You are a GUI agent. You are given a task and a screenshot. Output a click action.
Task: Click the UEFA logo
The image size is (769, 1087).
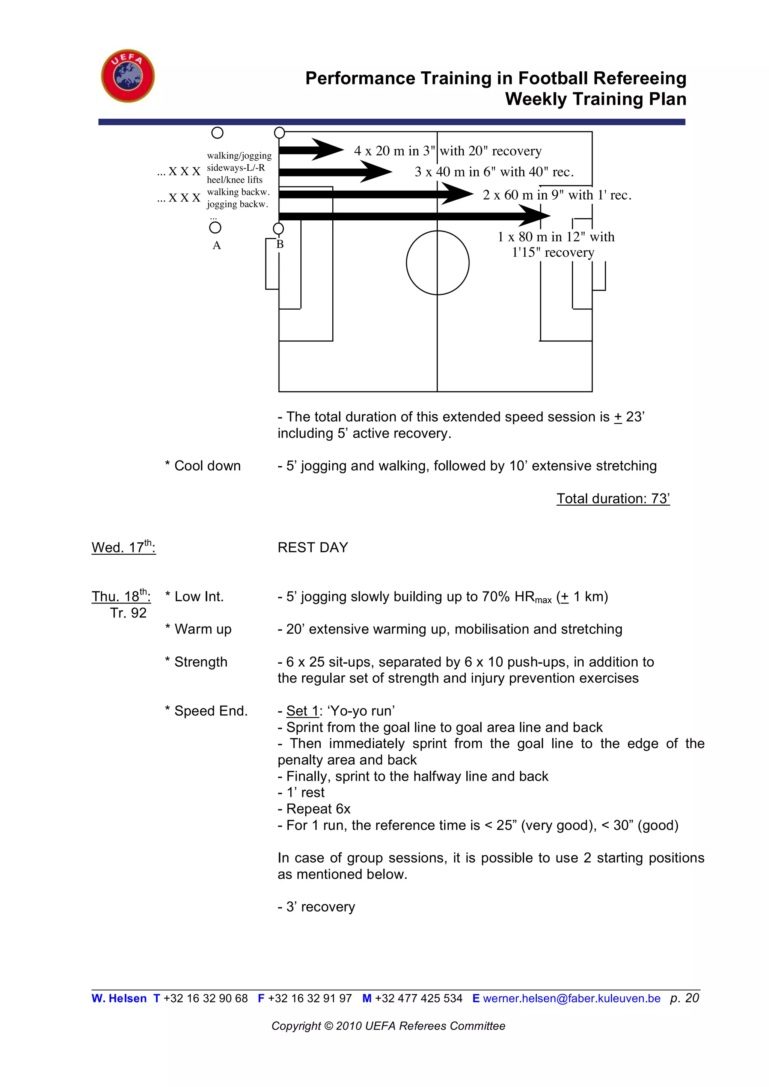pyautogui.click(x=128, y=76)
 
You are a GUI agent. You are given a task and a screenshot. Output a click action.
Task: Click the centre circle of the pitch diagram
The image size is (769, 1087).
pyautogui.click(x=437, y=263)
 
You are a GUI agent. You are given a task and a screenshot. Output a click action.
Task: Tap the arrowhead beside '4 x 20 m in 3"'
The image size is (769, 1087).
pyautogui.click(x=327, y=150)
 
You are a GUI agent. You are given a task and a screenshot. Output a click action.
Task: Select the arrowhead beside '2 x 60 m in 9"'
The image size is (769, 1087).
pyautogui.click(x=457, y=194)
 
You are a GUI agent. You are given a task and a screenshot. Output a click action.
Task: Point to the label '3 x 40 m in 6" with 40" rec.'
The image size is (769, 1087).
pyautogui.click(x=494, y=172)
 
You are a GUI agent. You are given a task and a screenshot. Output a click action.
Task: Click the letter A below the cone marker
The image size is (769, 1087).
pyautogui.click(x=216, y=245)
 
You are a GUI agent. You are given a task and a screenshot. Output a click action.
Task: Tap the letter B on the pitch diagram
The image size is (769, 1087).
pyautogui.click(x=280, y=244)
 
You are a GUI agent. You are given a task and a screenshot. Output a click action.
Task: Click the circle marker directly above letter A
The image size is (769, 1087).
pyautogui.click(x=215, y=228)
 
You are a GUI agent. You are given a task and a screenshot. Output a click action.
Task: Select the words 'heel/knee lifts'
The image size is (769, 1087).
pyautogui.click(x=234, y=180)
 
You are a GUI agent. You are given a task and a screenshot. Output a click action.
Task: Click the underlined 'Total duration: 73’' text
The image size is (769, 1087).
pyautogui.click(x=613, y=498)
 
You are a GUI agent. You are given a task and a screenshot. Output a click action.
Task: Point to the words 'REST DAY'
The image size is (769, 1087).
pyautogui.click(x=312, y=548)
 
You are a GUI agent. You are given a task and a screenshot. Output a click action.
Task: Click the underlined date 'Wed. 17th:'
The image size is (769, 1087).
pyautogui.click(x=123, y=547)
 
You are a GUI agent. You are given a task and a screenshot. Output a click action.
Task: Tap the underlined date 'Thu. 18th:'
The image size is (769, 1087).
pyautogui.click(x=121, y=596)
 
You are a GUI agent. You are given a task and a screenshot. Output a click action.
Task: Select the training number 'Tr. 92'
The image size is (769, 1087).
pyautogui.click(x=128, y=613)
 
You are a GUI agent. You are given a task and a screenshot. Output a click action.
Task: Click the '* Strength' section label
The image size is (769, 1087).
pyautogui.click(x=196, y=662)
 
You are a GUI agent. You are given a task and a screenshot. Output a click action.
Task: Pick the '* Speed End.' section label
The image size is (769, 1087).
pyautogui.click(x=206, y=711)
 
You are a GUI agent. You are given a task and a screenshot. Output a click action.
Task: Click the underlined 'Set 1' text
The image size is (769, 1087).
pyautogui.click(x=302, y=711)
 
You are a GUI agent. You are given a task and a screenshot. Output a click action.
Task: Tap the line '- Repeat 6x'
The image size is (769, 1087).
pyautogui.click(x=314, y=809)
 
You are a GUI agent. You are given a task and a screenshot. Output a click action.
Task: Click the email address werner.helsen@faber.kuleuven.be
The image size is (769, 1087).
pyautogui.click(x=571, y=998)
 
